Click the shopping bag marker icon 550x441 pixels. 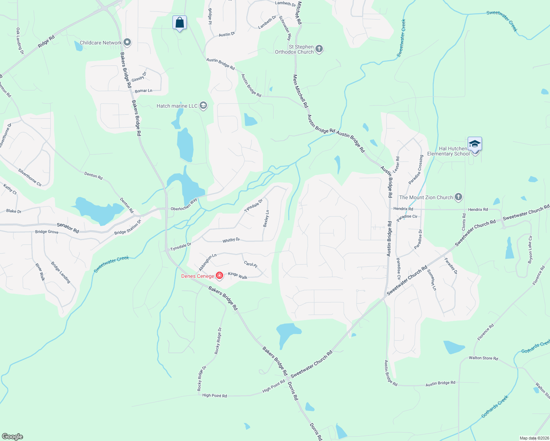pos(179,23)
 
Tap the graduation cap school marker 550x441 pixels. pos(475,144)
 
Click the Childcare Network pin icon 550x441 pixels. pos(127,43)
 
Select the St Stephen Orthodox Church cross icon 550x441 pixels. pos(319,49)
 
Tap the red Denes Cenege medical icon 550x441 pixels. pos(219,276)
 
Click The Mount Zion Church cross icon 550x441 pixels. pos(458,197)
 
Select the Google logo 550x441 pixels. pos(12,436)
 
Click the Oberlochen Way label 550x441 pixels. pos(184,205)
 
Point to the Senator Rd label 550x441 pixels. pos(68,228)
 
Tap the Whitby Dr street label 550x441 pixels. pos(231,240)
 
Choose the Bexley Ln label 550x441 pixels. pos(266,219)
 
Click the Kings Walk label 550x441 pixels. pos(238,275)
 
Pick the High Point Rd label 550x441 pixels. pos(214,395)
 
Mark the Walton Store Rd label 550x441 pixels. pos(483,358)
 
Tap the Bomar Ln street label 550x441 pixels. pos(143,91)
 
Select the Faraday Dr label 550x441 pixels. pos(451,266)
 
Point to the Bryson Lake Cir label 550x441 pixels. pos(530,250)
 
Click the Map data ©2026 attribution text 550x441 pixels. pos(534,438)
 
